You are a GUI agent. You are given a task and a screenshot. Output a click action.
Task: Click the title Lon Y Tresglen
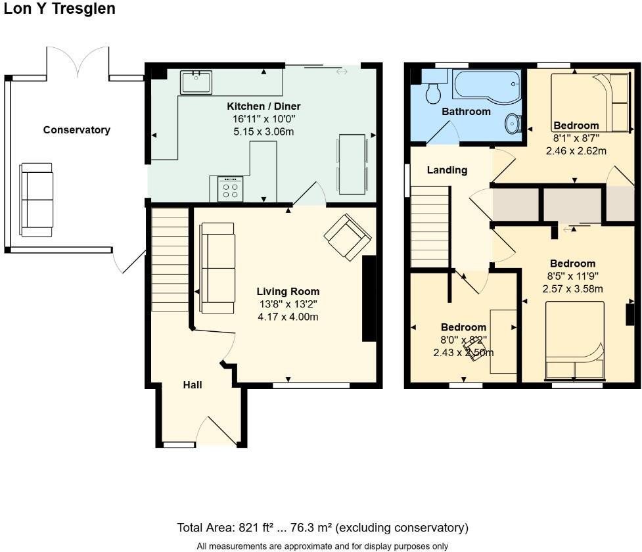click(x=59, y=9)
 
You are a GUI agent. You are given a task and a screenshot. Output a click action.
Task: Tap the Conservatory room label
click(x=76, y=130)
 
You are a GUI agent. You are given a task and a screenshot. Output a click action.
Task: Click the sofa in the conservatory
click(x=36, y=200)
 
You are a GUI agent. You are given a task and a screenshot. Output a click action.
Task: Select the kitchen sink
click(x=196, y=83)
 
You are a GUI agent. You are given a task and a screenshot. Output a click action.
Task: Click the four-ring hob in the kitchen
click(x=230, y=189)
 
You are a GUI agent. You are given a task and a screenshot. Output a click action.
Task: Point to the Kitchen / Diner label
click(x=264, y=106)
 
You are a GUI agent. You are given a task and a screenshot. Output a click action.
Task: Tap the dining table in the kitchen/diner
click(x=352, y=164)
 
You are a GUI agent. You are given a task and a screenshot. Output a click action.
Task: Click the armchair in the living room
click(x=348, y=237)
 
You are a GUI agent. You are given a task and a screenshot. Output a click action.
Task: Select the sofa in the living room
click(x=218, y=268)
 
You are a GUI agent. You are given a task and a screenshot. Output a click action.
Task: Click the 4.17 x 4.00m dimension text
click(x=288, y=317)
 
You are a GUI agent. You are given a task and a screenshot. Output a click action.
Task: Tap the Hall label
click(x=193, y=385)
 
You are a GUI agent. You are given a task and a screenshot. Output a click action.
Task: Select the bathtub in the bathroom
click(x=486, y=84)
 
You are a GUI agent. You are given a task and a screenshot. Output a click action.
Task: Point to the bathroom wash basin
click(x=513, y=124)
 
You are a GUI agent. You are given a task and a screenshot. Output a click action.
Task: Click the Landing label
click(x=447, y=170)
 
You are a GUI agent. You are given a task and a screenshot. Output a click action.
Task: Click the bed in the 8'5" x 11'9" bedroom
click(x=574, y=340)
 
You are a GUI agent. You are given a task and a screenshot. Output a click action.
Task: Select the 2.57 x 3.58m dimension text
click(x=572, y=288)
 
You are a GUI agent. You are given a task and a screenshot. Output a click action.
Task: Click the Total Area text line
click(x=322, y=528)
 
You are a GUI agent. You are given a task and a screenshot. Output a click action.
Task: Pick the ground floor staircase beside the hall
click(x=170, y=260)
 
